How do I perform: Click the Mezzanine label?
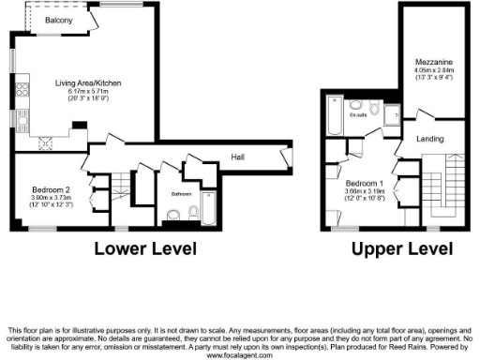click(433, 59)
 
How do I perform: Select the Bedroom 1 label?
click(364, 182)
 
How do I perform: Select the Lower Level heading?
click(144, 248)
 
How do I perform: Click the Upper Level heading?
click(402, 248)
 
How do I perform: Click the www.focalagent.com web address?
click(240, 355)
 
